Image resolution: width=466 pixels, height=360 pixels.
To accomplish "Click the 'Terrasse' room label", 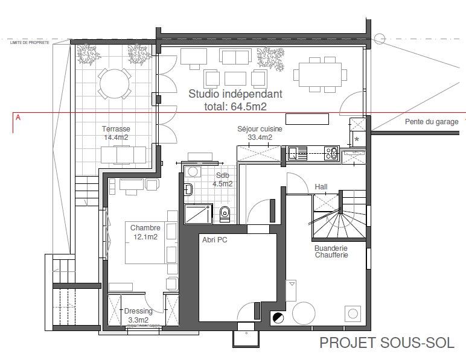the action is [x=116, y=129].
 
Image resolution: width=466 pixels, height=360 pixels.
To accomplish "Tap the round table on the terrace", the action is [x=115, y=83].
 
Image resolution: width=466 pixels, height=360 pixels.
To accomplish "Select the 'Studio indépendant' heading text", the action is [x=235, y=94].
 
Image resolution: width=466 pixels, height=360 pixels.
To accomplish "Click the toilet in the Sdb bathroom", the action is [x=225, y=213].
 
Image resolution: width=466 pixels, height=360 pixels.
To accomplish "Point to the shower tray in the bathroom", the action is [x=198, y=213].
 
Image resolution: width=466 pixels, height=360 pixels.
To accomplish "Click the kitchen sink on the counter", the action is [x=297, y=153].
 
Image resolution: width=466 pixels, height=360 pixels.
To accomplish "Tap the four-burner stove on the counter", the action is [x=331, y=153].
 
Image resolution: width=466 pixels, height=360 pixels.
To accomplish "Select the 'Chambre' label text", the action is [x=145, y=227].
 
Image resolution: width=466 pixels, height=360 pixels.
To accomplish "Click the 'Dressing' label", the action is [x=138, y=311].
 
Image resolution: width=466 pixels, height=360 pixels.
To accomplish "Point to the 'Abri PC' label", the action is [x=214, y=239].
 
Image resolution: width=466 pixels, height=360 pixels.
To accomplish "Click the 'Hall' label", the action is [x=321, y=187].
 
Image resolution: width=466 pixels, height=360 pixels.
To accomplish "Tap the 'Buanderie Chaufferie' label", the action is [x=331, y=251].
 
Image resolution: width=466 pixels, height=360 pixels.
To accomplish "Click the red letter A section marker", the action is [x=18, y=118].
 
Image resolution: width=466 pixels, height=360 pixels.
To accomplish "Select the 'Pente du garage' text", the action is [x=432, y=122].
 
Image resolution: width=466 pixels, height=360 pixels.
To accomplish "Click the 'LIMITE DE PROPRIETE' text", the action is [x=30, y=43].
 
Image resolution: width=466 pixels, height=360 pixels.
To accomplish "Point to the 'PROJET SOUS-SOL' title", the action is [x=387, y=343].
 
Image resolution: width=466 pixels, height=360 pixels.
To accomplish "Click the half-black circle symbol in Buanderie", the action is [x=278, y=318].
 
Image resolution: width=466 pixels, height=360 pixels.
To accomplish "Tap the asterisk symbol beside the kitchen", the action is [x=357, y=139].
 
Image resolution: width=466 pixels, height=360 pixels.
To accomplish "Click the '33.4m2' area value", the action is [x=260, y=137].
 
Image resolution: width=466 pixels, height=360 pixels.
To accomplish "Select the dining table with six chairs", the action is [x=320, y=75].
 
